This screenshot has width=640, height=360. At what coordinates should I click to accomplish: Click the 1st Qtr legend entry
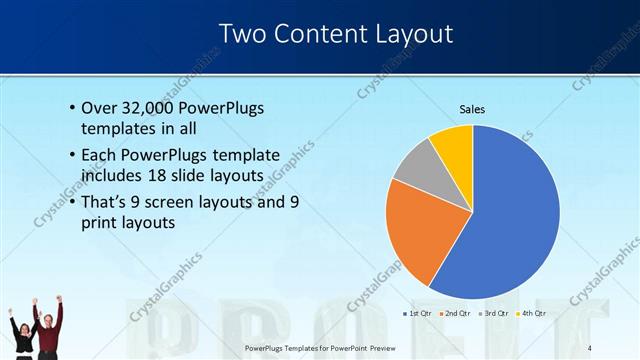tap(417, 313)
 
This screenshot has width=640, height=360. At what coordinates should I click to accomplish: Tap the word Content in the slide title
tap(314, 34)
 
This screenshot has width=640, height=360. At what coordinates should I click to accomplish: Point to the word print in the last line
tap(99, 223)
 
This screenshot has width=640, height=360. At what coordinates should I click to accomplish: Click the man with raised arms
tap(51, 325)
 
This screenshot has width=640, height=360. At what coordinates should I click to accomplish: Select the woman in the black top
tap(23, 335)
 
